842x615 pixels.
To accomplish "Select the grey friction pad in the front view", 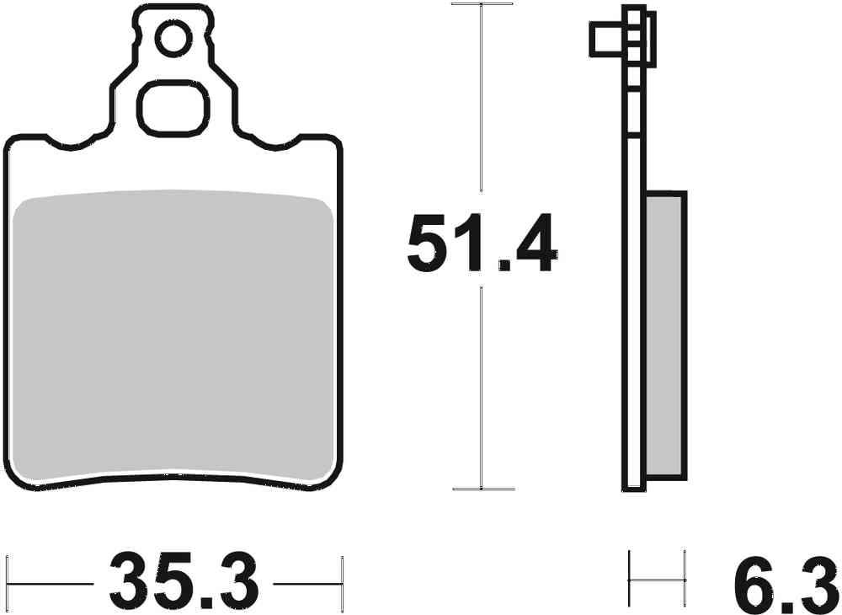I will tap(174, 337).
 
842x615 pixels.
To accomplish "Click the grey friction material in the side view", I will tap(666, 333).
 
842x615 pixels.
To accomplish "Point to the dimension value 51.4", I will tap(481, 244).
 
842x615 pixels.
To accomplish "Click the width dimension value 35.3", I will tap(184, 581).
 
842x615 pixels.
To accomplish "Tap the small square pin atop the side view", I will tap(605, 38).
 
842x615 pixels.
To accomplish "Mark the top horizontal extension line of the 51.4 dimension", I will tap(482, 4).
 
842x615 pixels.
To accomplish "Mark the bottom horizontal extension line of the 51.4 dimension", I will tap(482, 489).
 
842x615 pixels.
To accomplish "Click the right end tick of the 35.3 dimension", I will tap(341, 580).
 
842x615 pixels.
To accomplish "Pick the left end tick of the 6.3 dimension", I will tap(630, 580).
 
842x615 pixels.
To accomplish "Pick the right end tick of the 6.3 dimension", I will tap(685, 580).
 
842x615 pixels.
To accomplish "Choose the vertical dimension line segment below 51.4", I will tap(481, 388).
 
